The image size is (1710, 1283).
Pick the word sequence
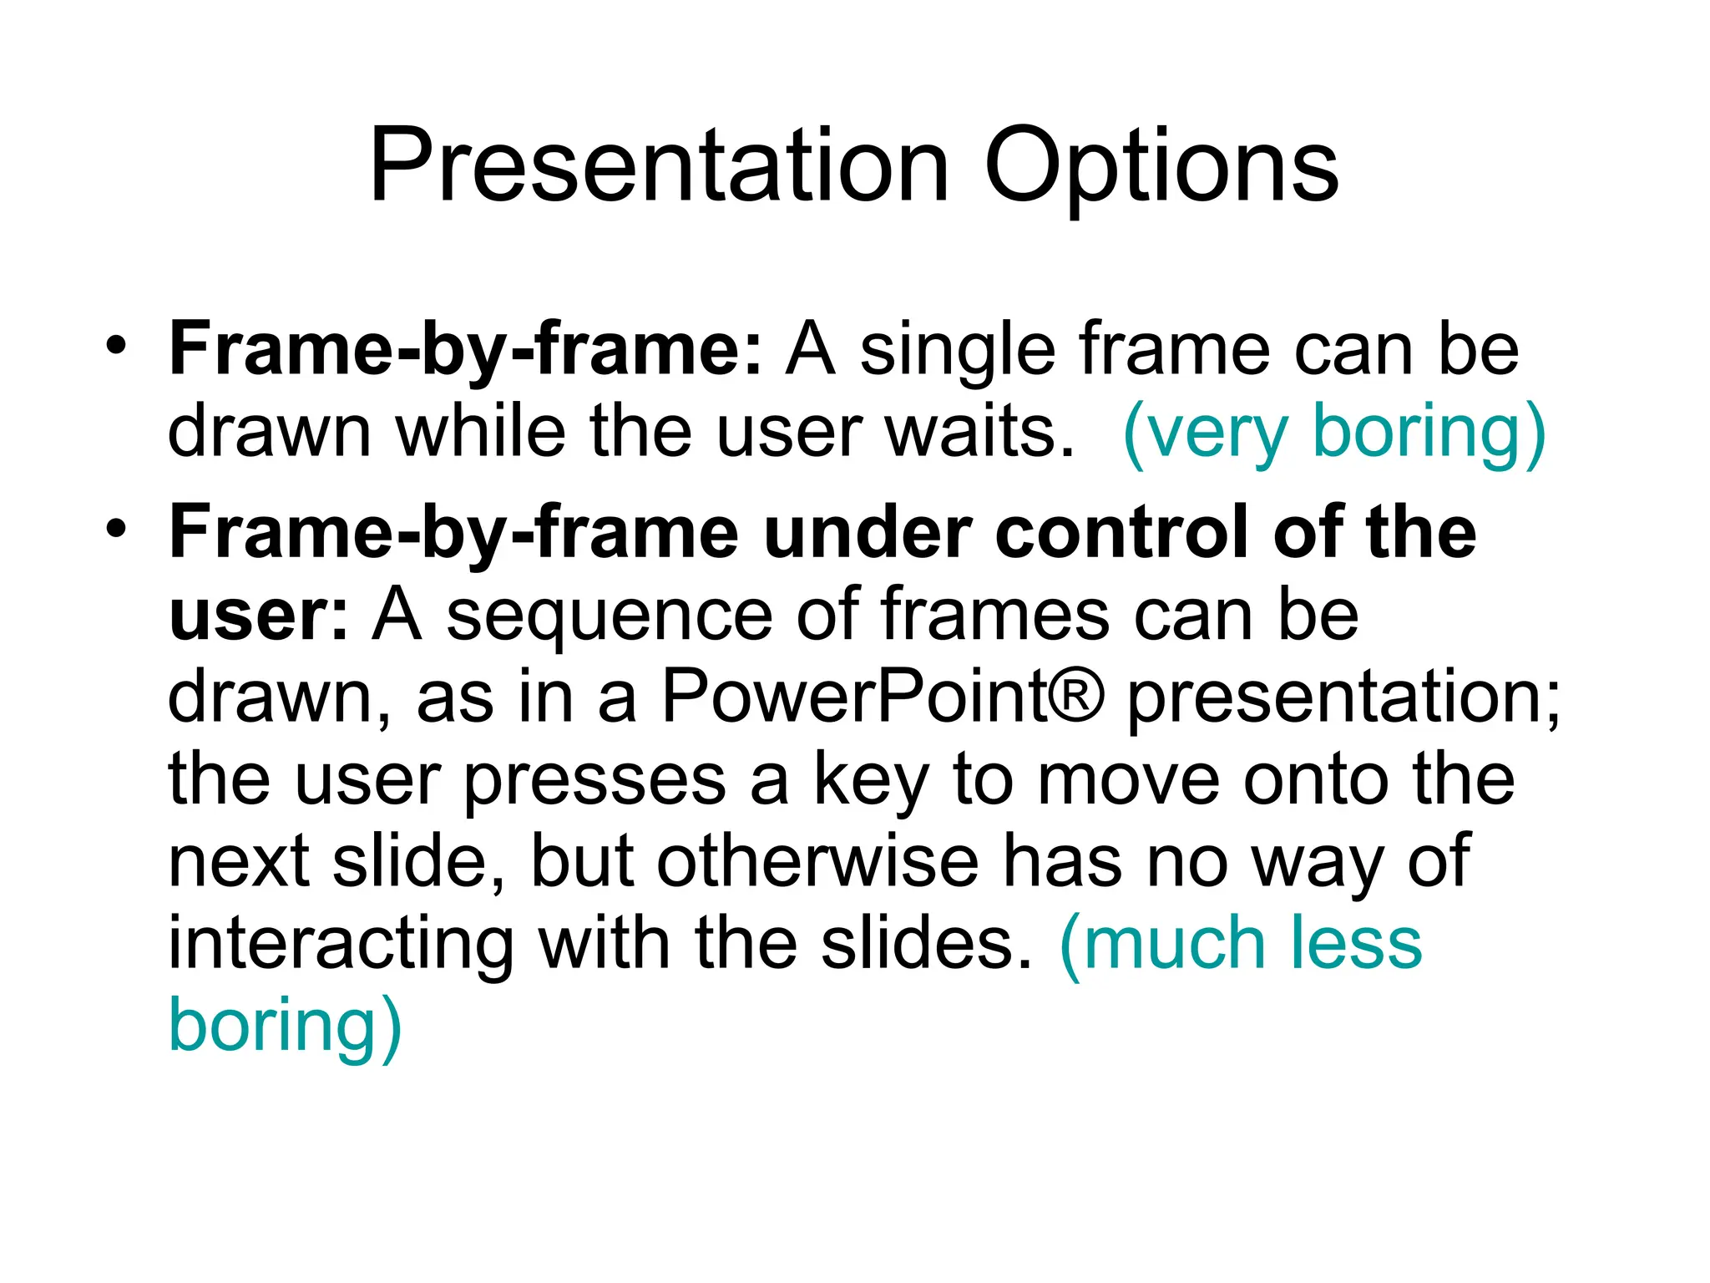click(610, 616)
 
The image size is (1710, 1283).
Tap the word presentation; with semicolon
click(1343, 698)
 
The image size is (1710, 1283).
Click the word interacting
click(341, 944)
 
